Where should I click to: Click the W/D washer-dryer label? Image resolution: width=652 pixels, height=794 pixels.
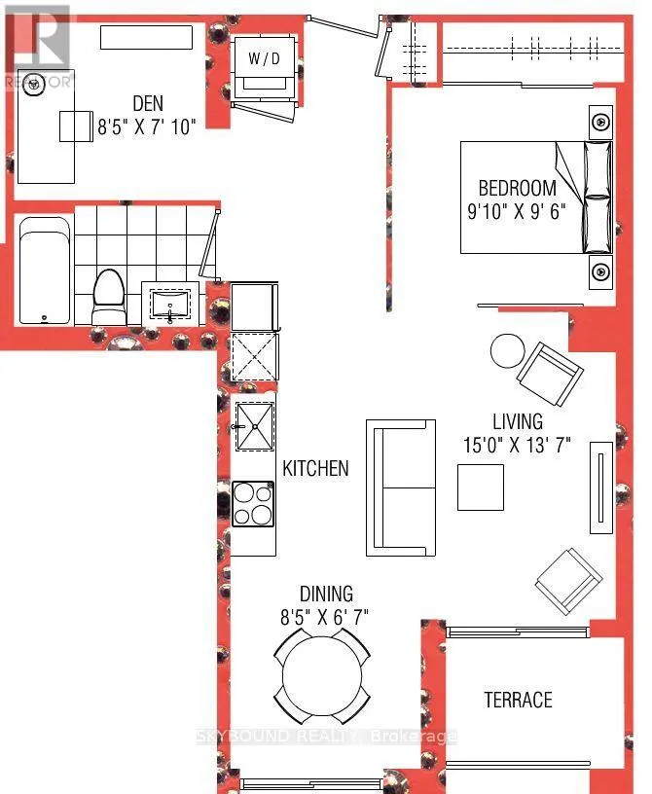pos(264,58)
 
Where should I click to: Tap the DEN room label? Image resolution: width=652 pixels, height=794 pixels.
pos(148,103)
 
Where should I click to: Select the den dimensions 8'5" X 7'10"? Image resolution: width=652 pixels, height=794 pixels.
pos(146,126)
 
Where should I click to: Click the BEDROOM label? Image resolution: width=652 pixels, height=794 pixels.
pos(518,188)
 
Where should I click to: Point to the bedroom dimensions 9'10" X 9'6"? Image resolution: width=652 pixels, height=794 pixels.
pos(516,210)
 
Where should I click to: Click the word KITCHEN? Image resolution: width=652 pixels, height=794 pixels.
pos(315,468)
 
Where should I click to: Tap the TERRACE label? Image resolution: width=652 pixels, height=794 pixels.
pos(519,700)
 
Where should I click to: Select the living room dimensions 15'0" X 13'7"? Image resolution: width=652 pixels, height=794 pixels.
pos(517,445)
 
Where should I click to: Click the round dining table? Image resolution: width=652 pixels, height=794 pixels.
pos(322,676)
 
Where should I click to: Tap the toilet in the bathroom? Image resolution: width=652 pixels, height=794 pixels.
pos(109,298)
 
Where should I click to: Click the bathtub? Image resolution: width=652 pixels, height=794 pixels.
pos(45,271)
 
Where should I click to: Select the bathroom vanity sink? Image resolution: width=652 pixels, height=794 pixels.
pos(170,305)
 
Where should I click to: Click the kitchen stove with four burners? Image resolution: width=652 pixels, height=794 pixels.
pos(253,504)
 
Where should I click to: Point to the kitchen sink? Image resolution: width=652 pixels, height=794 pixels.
pos(255,426)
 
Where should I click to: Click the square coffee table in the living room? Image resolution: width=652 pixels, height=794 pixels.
pos(481,487)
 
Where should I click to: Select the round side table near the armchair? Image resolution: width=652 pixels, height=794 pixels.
pos(508,351)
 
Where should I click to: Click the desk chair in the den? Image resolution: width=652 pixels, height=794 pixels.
pos(76,126)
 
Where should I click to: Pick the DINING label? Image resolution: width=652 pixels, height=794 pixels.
pos(326,594)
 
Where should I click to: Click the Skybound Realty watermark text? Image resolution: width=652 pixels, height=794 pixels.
pos(326,736)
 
